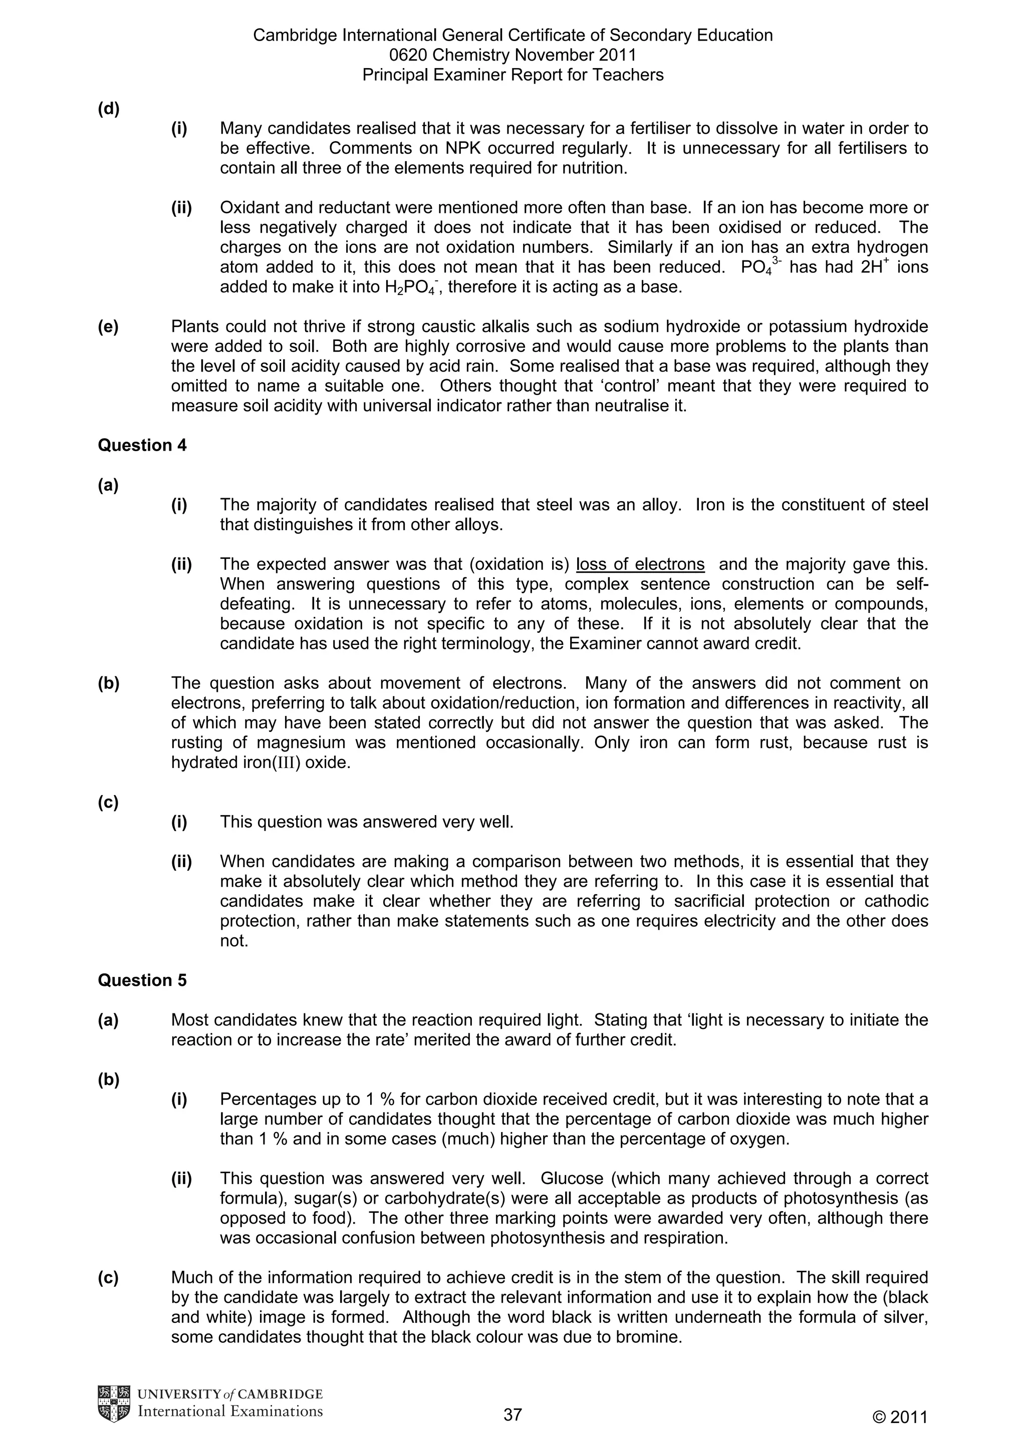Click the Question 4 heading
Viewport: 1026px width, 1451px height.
[x=142, y=446]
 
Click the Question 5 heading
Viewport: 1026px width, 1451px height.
[x=142, y=980]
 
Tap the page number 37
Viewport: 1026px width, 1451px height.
[x=512, y=1414]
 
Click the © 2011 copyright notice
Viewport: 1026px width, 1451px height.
[x=900, y=1417]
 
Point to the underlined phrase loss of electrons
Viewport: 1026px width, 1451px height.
[x=640, y=564]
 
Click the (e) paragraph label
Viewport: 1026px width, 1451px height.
[x=108, y=327]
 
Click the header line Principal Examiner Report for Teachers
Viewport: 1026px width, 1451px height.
[x=512, y=75]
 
